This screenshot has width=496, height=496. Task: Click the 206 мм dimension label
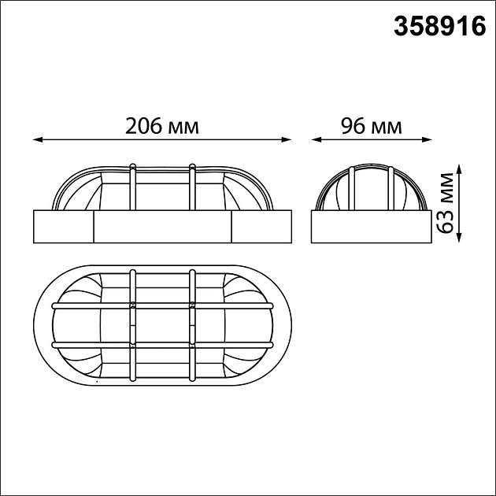point(162,126)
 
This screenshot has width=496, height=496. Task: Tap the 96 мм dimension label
point(370,126)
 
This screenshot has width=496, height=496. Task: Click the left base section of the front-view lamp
point(63,227)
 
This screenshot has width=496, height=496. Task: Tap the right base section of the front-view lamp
point(261,227)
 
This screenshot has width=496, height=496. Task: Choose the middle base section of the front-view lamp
point(162,227)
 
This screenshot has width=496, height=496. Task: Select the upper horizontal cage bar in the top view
point(162,303)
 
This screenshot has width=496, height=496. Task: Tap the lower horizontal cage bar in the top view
point(162,345)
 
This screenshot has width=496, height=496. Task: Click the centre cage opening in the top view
point(162,324)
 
